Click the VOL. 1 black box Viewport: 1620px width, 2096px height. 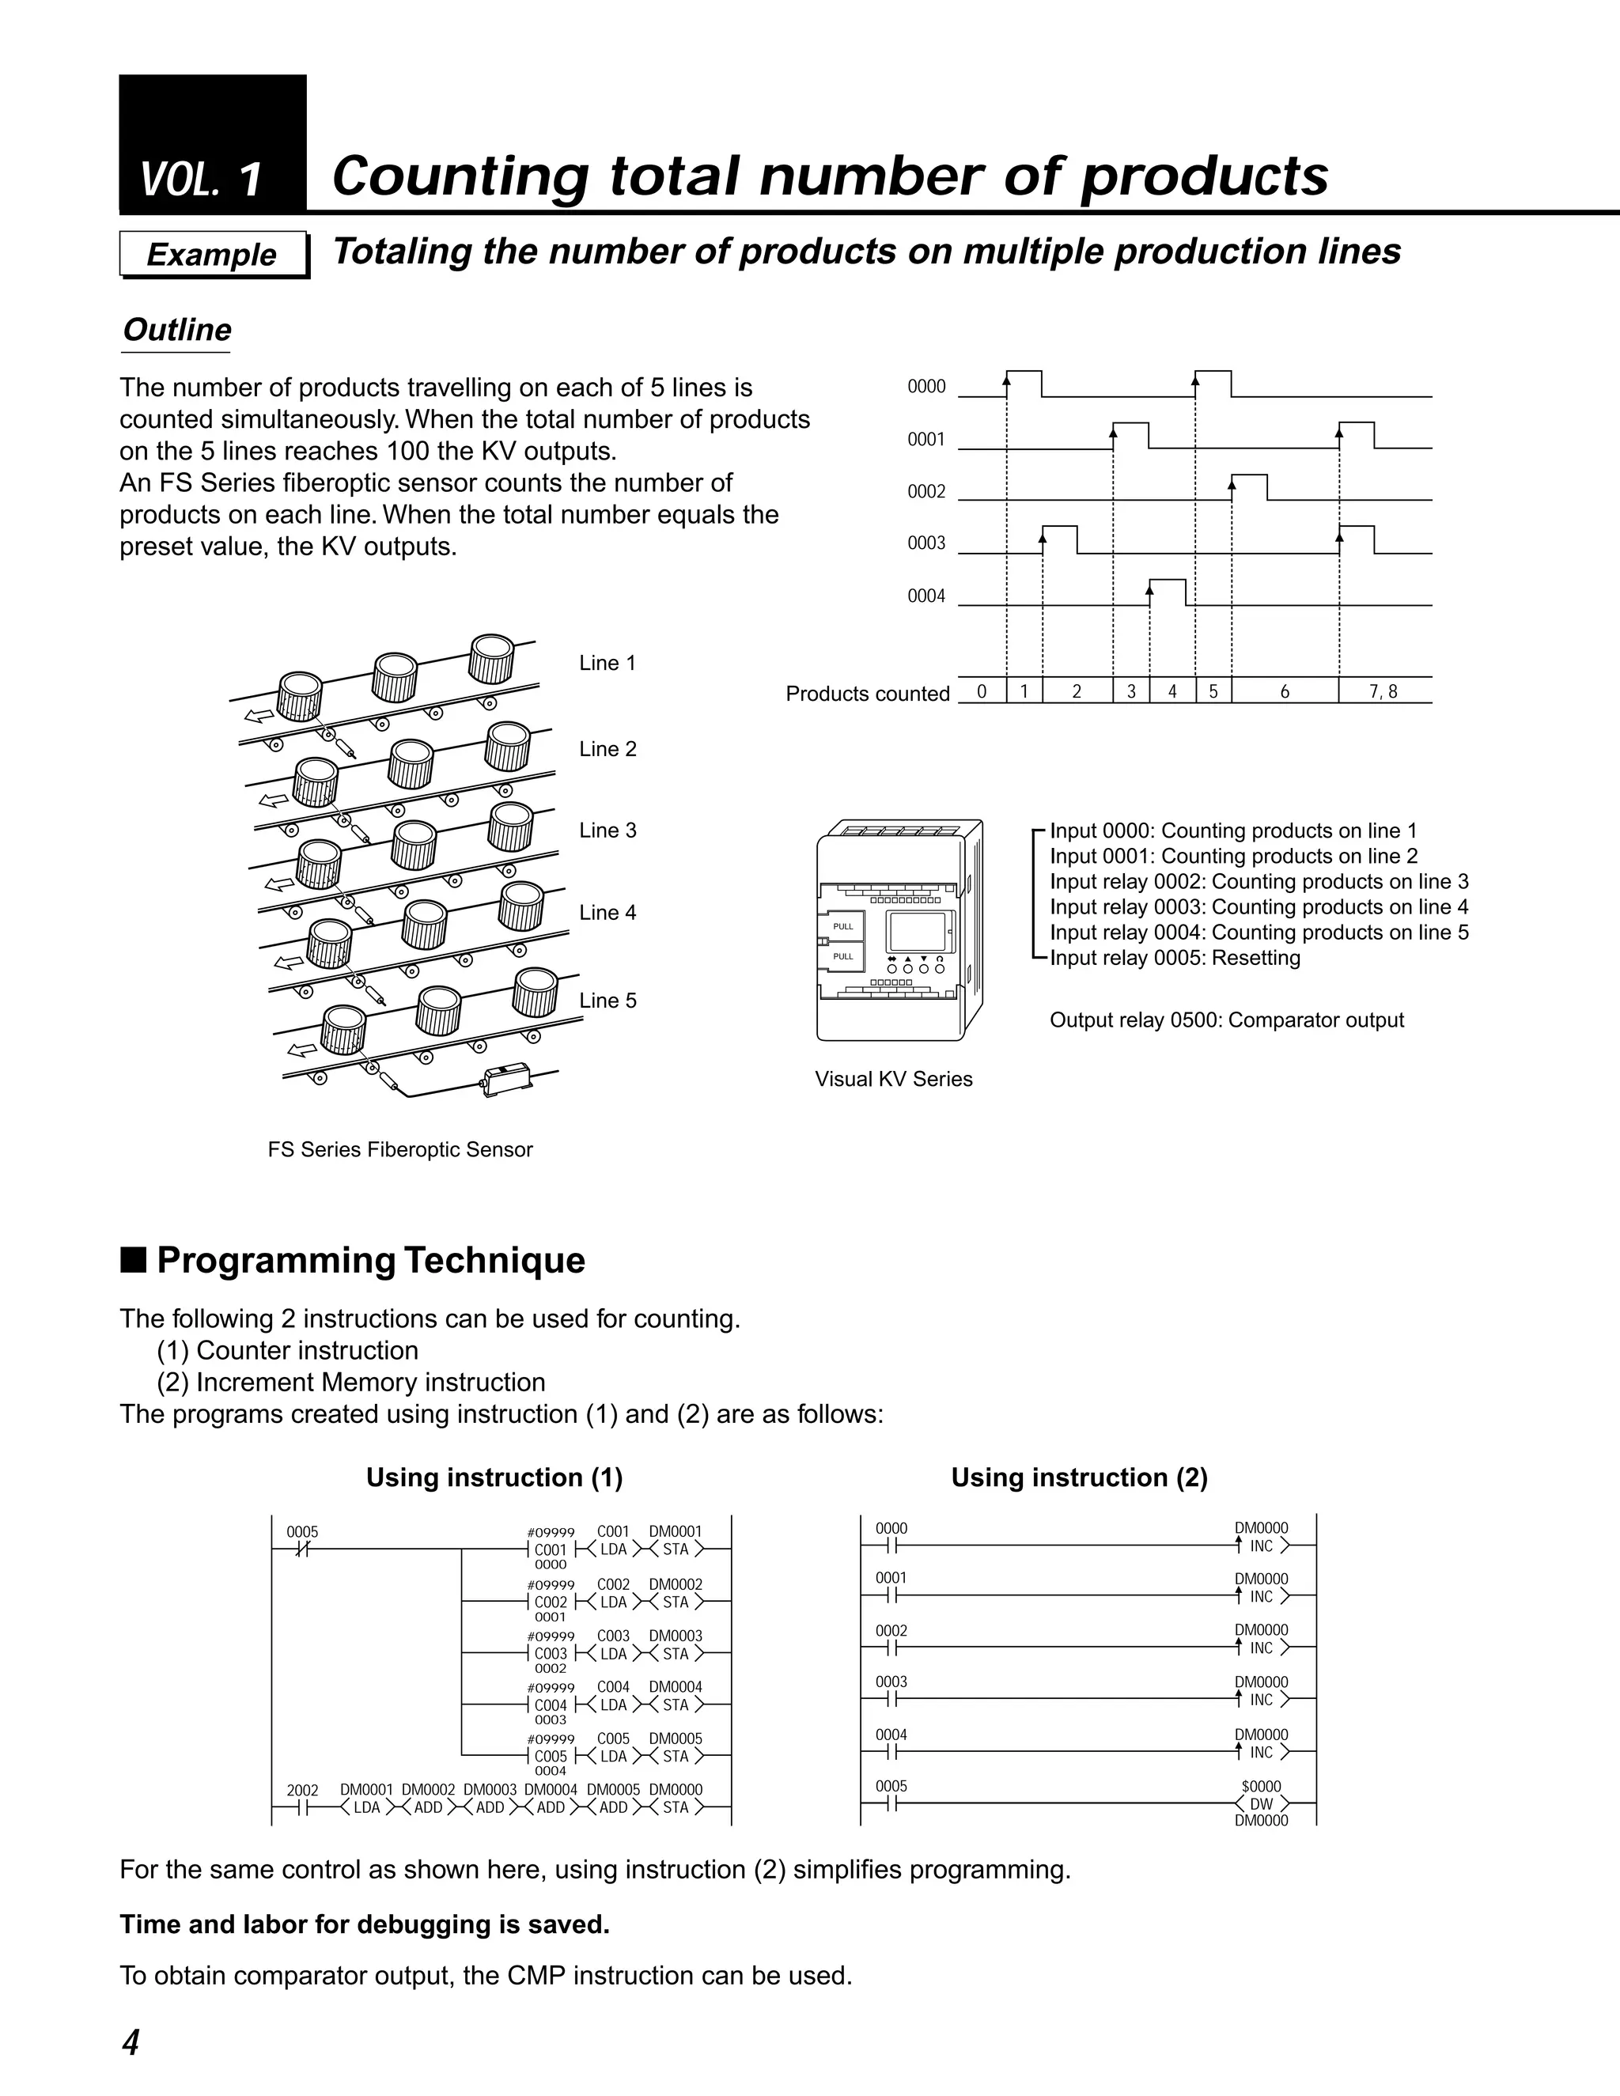[212, 144]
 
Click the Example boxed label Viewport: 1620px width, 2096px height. [212, 255]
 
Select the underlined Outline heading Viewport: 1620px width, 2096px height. [176, 330]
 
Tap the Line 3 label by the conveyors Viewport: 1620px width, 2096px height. [607, 830]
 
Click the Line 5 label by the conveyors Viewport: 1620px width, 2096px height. [607, 1000]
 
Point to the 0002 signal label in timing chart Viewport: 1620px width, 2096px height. [926, 491]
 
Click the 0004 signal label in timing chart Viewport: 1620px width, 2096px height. [926, 596]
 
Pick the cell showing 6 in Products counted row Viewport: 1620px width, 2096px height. [1284, 691]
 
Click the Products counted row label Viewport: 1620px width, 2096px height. [867, 694]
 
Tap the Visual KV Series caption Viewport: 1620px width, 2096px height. [892, 1079]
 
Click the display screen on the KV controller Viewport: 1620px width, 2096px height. [915, 931]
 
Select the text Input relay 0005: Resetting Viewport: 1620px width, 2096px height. [1175, 958]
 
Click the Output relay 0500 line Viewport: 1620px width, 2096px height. [1225, 1020]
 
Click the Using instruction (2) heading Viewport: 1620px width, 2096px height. [1079, 1477]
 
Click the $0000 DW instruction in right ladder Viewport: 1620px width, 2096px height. [1261, 1803]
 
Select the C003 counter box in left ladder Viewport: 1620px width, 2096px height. [551, 1654]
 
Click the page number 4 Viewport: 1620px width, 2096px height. [131, 2042]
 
